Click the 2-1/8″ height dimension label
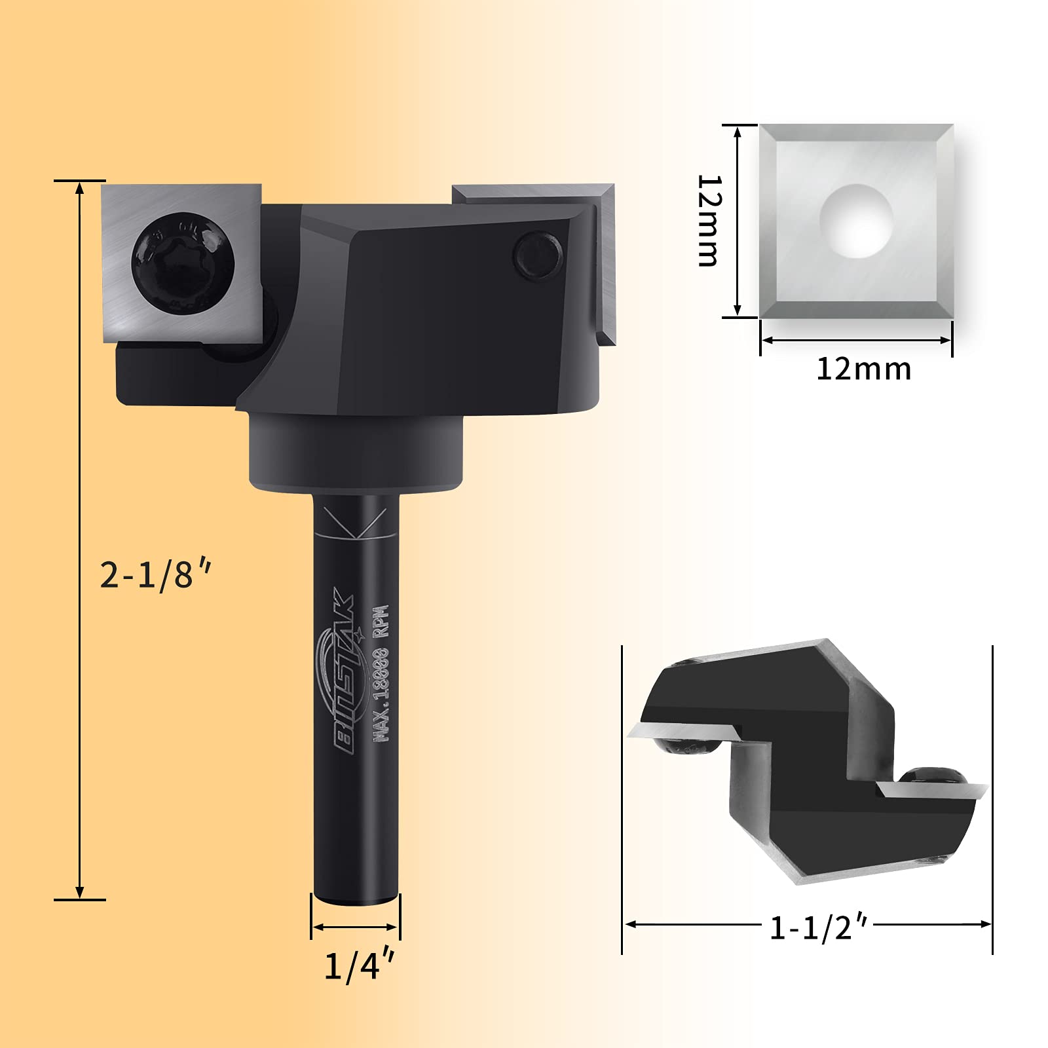click(155, 575)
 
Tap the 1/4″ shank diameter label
click(359, 965)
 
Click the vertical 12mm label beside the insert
click(709, 221)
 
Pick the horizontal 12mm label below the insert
click(863, 369)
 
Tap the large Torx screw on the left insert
click(183, 263)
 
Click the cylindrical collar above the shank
click(356, 452)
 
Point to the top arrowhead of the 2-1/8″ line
click(80, 188)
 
